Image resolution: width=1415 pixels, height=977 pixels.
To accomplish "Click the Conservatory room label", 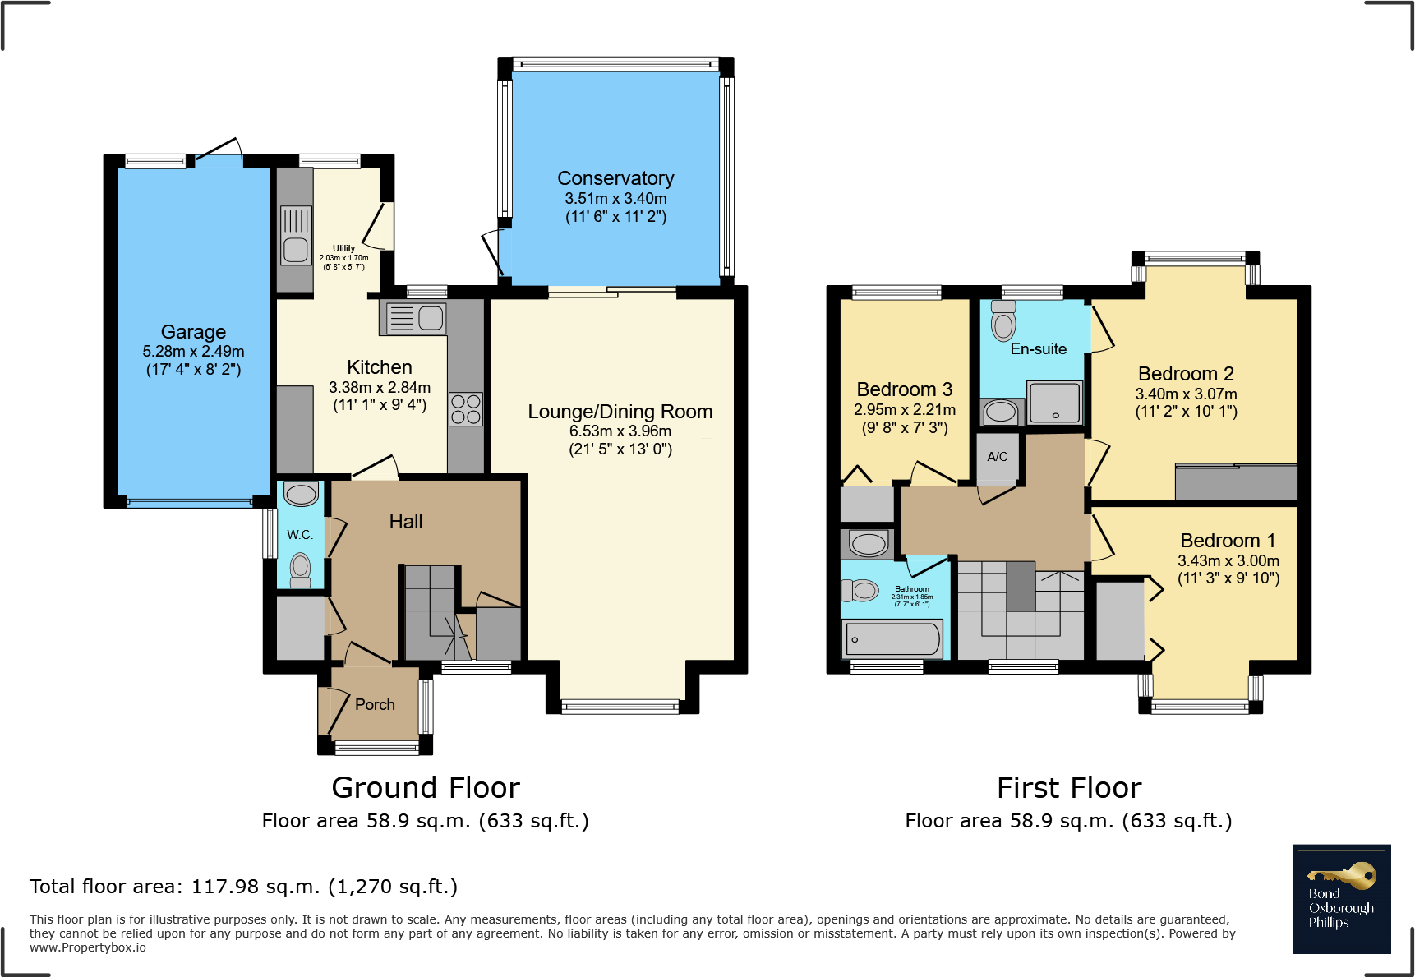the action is point(615,178).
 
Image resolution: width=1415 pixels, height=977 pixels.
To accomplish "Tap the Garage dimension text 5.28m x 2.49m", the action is point(193,351).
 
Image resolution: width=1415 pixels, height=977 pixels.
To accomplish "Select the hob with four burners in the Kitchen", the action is point(466,409).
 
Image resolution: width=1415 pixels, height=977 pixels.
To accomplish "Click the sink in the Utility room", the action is point(296,235).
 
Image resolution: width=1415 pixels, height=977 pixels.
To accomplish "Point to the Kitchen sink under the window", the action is point(416,318).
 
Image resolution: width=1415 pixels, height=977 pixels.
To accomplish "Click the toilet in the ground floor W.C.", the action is point(301,569).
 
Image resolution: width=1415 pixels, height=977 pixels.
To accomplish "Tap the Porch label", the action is point(375,704).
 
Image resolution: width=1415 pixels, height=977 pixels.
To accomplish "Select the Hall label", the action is point(406,522).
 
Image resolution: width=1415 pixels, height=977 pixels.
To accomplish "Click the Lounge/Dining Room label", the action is point(620,412).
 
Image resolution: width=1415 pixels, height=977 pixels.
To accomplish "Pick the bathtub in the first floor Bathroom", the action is point(892,639).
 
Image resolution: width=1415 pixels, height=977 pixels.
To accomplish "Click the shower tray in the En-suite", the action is point(1055,403).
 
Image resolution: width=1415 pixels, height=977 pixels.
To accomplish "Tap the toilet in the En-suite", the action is point(1003,321).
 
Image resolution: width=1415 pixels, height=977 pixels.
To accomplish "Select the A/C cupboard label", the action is point(998,457).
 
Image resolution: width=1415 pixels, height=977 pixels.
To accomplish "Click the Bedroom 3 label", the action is point(905,389).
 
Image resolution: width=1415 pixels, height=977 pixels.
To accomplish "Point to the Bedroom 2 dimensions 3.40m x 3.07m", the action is point(1187,394).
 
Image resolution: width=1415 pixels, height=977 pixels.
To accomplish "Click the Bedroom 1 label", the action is point(1228,541).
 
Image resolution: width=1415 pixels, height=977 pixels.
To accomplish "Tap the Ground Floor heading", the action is point(426,788).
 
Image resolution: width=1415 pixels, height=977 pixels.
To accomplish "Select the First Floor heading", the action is point(1069,788).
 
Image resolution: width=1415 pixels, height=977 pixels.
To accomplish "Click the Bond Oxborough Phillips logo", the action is point(1342,899).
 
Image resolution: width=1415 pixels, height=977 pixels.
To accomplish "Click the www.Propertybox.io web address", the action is point(88,947).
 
